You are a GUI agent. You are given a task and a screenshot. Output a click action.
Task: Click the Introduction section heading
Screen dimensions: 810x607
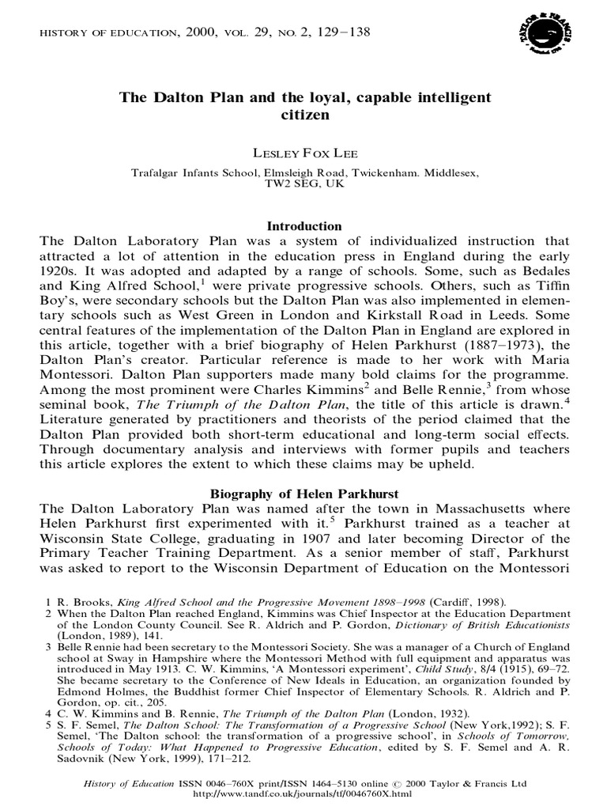(x=304, y=225)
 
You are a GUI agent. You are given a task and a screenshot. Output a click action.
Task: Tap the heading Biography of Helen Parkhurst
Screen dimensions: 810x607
(x=304, y=496)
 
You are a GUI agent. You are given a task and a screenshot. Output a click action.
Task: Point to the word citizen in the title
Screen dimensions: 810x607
(x=304, y=114)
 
